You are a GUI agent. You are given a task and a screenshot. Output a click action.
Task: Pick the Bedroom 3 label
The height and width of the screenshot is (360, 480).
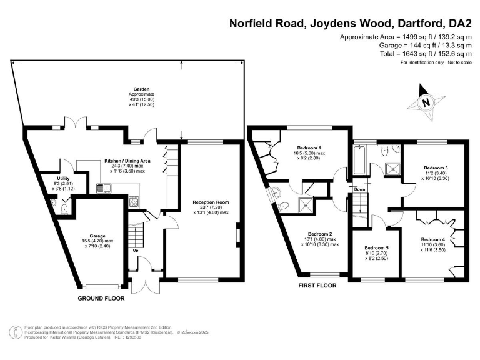[436, 167]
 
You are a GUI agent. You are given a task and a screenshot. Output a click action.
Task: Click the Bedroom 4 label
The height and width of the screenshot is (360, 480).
[433, 239]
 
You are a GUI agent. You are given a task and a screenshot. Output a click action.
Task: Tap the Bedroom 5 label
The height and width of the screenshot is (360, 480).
[376, 248]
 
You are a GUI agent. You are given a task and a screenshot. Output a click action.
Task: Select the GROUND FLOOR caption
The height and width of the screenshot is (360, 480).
[101, 299]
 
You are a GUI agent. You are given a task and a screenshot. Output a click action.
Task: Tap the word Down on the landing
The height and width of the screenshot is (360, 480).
[359, 189]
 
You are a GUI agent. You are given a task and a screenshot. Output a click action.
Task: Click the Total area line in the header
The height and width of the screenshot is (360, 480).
[424, 54]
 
